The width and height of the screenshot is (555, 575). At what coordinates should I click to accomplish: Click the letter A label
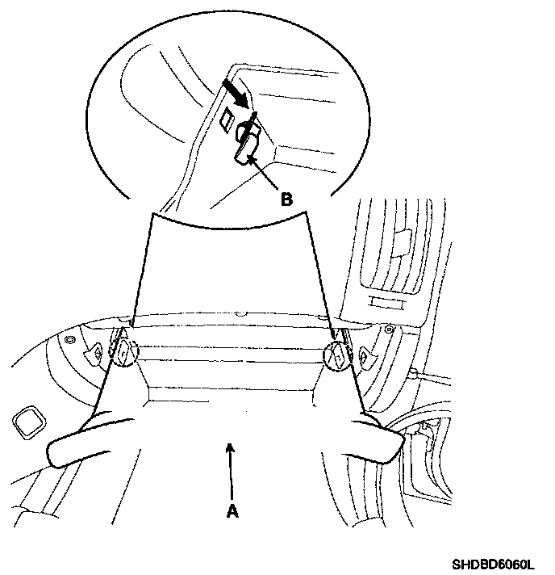(x=232, y=510)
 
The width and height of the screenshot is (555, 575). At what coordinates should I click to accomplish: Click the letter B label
(x=286, y=198)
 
